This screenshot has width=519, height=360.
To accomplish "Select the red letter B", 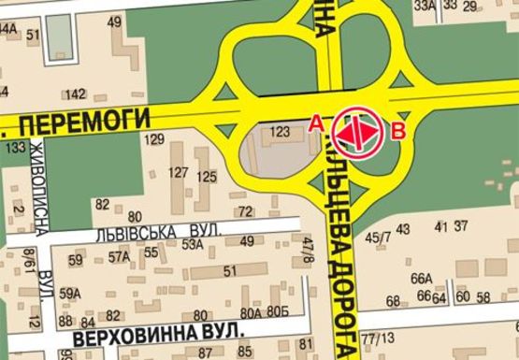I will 398,131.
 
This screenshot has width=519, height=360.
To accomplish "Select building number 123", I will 280,133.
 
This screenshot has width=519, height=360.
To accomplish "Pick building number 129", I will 154,139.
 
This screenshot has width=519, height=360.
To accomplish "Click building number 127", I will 178,172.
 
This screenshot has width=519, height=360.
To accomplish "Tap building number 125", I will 207,176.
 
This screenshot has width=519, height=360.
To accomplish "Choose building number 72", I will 246,211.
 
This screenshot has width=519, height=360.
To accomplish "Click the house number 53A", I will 193,244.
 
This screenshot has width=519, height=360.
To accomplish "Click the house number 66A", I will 422,278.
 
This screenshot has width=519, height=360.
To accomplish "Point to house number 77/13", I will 380,337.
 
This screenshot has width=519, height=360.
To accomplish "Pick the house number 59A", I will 70,294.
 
